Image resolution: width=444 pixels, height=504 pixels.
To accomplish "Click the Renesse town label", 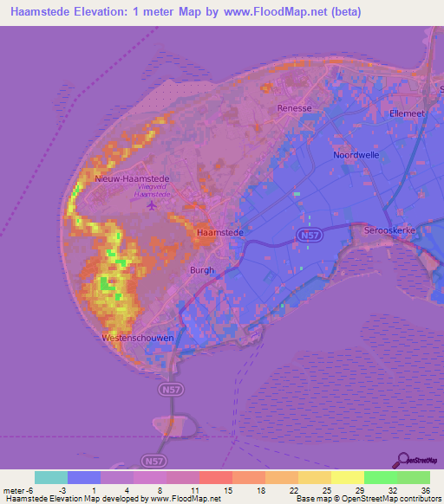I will click(x=294, y=108).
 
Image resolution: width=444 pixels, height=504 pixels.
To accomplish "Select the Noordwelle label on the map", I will click(x=357, y=155).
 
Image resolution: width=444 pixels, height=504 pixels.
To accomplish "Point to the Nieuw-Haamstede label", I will click(x=133, y=179).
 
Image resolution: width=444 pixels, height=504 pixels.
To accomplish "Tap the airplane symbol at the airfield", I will click(x=153, y=206).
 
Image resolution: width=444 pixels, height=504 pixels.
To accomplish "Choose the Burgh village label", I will click(x=201, y=270).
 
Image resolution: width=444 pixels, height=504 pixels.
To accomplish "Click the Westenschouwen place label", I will click(x=138, y=337).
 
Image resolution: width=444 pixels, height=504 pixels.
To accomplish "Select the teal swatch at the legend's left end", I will click(x=51, y=477).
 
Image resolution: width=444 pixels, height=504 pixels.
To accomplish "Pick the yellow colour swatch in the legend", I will click(x=347, y=477).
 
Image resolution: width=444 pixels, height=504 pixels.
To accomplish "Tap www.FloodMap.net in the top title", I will click(x=280, y=12).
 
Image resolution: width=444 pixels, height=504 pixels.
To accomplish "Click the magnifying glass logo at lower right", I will click(x=404, y=460).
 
